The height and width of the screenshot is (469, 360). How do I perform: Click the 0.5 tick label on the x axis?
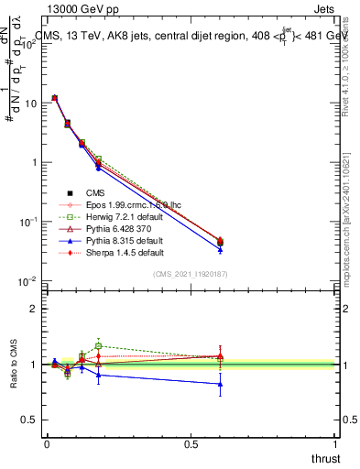click(191, 444)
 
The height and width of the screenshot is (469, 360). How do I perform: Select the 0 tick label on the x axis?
click(47, 444)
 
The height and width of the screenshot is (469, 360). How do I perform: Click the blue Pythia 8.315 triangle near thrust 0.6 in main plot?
click(220, 249)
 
